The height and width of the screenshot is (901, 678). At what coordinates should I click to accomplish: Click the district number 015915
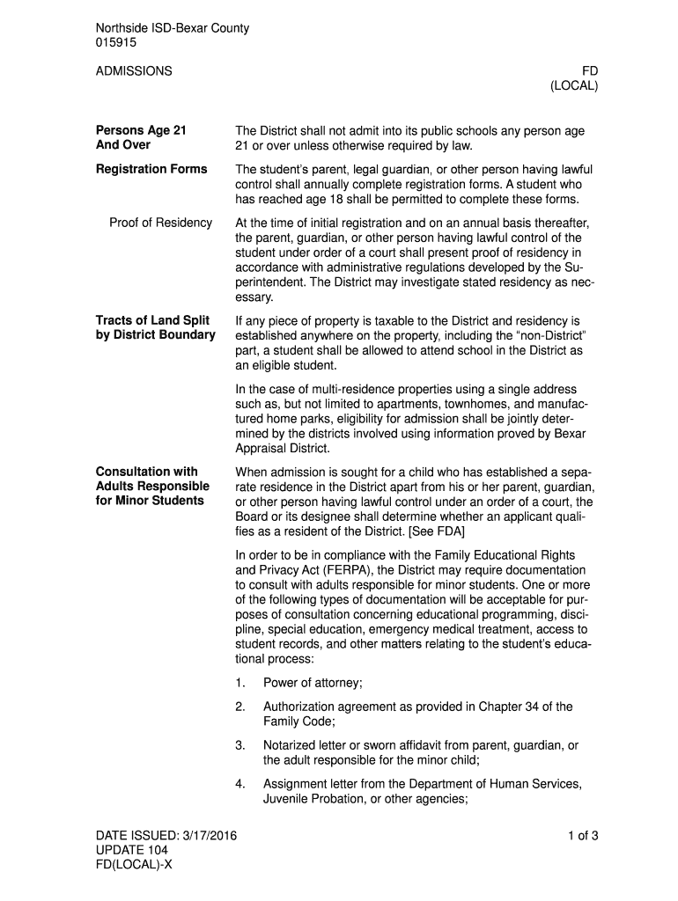tap(115, 42)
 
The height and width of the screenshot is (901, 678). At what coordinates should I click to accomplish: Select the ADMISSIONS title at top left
tap(134, 70)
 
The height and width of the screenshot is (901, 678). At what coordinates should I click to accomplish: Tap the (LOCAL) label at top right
tap(574, 85)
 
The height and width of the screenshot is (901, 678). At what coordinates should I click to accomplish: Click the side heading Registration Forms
tap(151, 169)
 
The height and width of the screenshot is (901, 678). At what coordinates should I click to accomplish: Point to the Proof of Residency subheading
tap(160, 223)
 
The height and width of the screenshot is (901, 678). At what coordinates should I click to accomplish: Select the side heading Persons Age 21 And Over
tap(141, 138)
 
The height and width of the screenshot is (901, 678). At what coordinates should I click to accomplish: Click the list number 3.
tap(240, 746)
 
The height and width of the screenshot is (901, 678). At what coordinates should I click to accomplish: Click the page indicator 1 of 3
tap(583, 835)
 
